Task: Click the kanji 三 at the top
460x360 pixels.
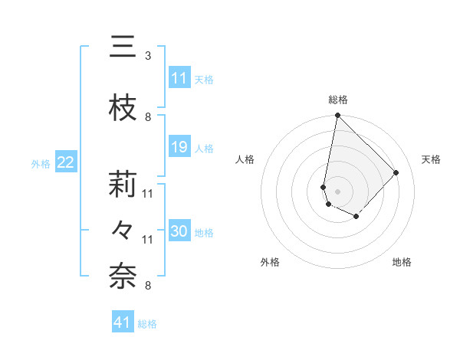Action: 123,47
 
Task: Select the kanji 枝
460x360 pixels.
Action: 123,109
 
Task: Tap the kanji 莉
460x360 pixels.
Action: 123,185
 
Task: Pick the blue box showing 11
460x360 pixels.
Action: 179,78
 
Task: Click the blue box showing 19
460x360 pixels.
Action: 179,147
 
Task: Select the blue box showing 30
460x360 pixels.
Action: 179,231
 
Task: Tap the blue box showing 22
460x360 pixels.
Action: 66,162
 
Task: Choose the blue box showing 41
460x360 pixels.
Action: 123,322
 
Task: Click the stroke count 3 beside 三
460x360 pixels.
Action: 147,56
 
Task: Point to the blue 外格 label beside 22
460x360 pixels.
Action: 41,163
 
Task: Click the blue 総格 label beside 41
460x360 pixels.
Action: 147,324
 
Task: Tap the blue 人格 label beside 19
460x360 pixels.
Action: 204,148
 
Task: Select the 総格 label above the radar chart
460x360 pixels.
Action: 337,100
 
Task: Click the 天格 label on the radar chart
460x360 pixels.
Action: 431,159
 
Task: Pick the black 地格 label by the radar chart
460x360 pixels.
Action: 402,262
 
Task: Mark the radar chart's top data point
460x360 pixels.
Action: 337,116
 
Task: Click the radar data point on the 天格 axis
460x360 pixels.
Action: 396,172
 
